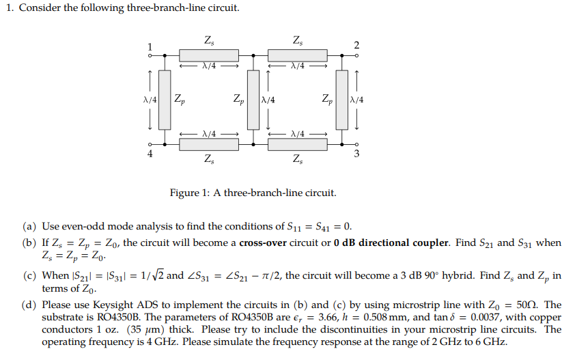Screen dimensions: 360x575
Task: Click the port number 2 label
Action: [356, 46]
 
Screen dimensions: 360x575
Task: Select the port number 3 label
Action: [356, 154]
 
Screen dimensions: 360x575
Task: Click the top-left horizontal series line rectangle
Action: [208, 55]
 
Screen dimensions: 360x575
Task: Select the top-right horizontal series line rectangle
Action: [297, 55]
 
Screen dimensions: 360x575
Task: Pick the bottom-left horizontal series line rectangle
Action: [208, 144]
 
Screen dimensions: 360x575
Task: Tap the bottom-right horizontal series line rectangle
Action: [297, 144]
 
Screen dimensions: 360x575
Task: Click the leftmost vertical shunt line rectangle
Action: [164, 100]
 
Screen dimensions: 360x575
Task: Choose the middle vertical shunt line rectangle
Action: [253, 100]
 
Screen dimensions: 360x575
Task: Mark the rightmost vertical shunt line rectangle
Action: [342, 100]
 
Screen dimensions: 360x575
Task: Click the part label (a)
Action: [29, 226]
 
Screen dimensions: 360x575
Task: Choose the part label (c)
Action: [29, 276]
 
